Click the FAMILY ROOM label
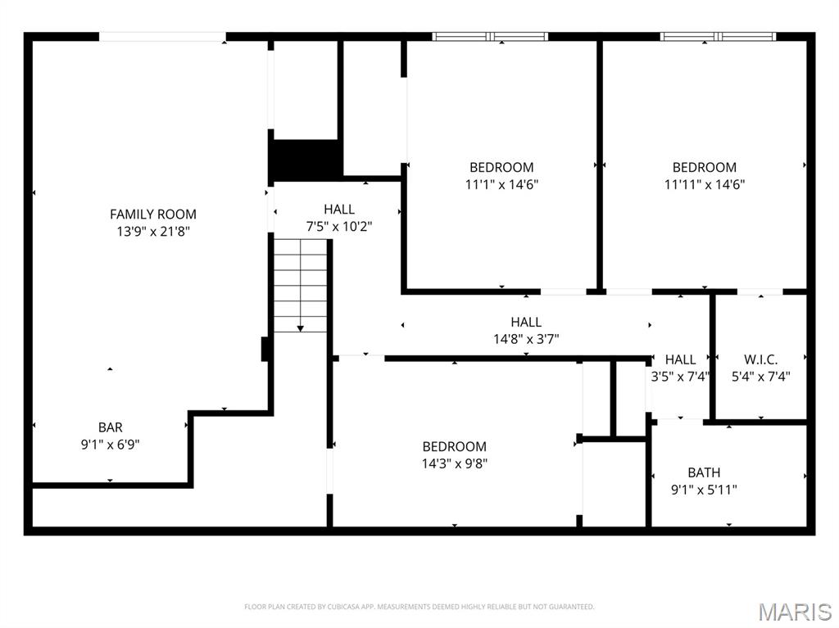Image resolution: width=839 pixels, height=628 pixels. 153,214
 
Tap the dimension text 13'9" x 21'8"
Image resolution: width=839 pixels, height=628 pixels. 153,232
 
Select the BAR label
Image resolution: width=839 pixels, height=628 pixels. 111,427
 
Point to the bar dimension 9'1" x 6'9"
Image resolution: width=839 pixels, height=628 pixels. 111,445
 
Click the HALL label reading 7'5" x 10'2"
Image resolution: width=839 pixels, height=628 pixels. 339,209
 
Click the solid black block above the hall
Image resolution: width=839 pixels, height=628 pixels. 305,160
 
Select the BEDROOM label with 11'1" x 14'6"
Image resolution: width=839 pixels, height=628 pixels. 501,167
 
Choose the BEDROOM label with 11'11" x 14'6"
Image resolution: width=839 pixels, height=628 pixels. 705,167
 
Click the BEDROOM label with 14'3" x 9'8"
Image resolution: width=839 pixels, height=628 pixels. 454,446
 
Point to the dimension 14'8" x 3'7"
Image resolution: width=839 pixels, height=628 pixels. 526,339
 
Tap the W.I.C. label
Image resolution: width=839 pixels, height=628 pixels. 760,359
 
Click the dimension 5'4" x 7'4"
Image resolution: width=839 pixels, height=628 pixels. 760,377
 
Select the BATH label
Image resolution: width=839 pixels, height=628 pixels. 704,472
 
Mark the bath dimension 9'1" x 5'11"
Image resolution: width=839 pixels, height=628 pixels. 704,490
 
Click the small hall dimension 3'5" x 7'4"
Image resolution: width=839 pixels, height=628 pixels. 680,377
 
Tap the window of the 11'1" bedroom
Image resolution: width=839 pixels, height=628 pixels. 490,36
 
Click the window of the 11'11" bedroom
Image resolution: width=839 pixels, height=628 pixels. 718,36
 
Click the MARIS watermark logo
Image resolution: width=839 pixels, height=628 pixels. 795,612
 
